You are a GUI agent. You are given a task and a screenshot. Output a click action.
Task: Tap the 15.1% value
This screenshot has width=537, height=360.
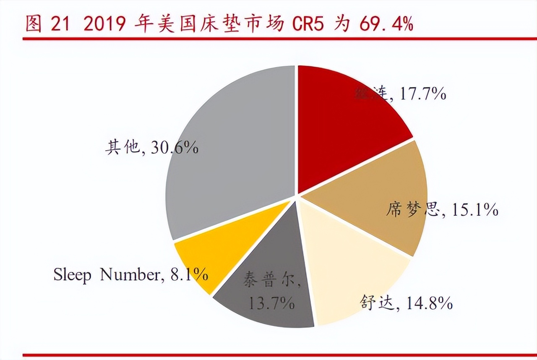pyautogui.click(x=474, y=209)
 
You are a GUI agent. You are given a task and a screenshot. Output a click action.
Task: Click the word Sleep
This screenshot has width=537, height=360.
pyautogui.click(x=73, y=275)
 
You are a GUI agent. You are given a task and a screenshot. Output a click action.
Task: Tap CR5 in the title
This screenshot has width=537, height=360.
pyautogui.click(x=308, y=25)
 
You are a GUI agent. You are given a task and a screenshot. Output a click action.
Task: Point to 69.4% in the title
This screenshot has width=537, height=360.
pyautogui.click(x=386, y=25)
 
